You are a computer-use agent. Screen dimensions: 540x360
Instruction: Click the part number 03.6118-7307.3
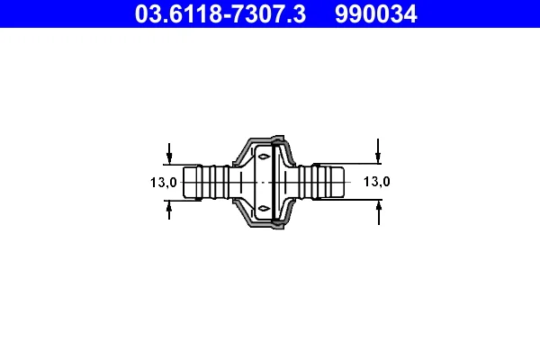tap(220, 14)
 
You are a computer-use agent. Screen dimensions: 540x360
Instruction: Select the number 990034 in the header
tap(376, 14)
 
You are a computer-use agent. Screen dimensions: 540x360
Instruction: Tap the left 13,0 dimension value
tap(164, 182)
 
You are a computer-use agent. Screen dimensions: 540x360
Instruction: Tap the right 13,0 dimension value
tap(377, 181)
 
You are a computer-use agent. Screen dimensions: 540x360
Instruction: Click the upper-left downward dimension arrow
tap(169, 153)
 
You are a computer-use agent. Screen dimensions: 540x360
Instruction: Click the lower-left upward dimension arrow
tap(169, 210)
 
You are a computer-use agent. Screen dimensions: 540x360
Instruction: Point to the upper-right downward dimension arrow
tap(378, 151)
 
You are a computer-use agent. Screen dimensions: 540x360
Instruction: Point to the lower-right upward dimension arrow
tap(379, 213)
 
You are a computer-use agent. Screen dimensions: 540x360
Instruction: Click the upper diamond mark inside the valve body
tap(264, 157)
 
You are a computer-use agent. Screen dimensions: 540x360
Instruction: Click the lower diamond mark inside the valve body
tap(264, 208)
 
